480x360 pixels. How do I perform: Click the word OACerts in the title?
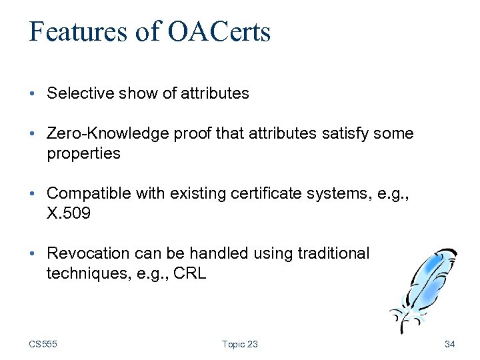tap(219, 31)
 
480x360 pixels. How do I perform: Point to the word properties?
tap(83, 154)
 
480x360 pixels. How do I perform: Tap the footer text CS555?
tap(43, 344)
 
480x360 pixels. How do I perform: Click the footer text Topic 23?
tap(239, 344)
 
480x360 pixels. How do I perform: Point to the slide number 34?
tap(449, 344)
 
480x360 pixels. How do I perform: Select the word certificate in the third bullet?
tap(263, 193)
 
